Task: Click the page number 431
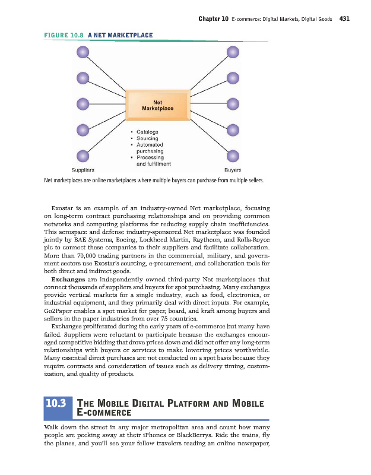(x=344, y=18)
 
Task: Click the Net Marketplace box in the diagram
(x=157, y=105)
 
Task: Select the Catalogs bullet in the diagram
(x=147, y=132)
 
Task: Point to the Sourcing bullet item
(x=147, y=138)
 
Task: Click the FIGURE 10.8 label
(x=64, y=35)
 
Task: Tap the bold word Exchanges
(x=69, y=279)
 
